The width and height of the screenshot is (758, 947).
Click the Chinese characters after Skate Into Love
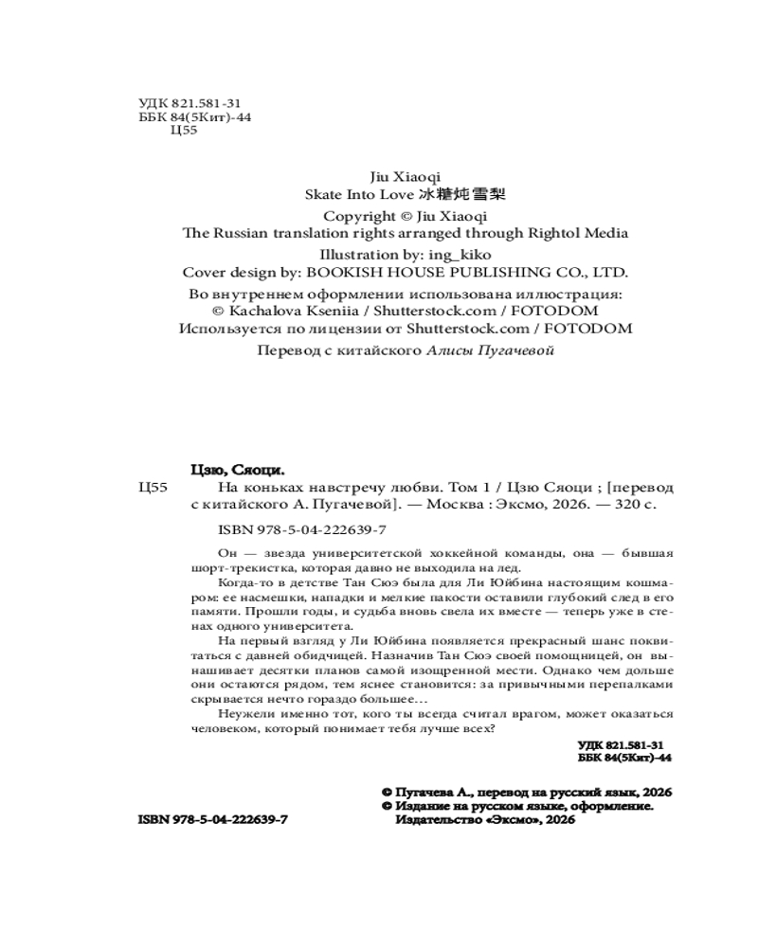[x=465, y=195]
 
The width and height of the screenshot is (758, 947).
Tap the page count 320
[x=624, y=506]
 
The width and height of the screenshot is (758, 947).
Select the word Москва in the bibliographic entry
[x=455, y=506]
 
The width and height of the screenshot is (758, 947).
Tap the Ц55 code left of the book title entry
[x=153, y=487]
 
